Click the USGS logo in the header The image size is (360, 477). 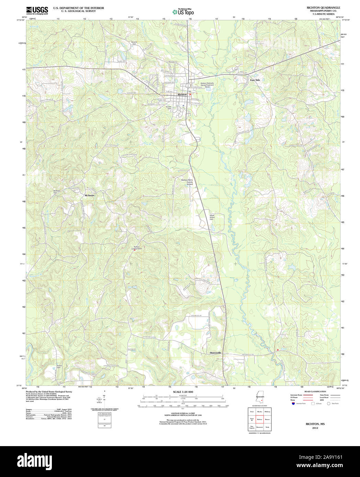(37, 10)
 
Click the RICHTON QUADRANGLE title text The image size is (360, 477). (318, 8)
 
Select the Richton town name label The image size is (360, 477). (182, 94)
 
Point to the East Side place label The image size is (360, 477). (255, 80)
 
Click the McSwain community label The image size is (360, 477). (89, 195)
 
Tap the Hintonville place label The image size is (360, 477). (216, 353)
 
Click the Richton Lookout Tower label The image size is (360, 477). (137, 247)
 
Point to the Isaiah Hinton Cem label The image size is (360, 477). (212, 217)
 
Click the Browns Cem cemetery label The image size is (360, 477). (134, 43)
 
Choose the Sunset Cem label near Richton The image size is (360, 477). (169, 107)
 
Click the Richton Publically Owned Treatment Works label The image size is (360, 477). (207, 85)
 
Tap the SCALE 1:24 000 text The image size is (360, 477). (183, 392)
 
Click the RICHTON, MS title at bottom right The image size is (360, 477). (315, 424)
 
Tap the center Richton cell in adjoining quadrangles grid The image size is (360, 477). (259, 419)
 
